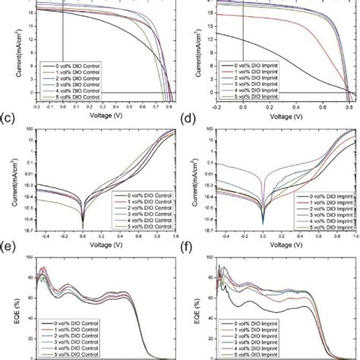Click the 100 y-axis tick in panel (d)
click(x=207, y=130)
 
